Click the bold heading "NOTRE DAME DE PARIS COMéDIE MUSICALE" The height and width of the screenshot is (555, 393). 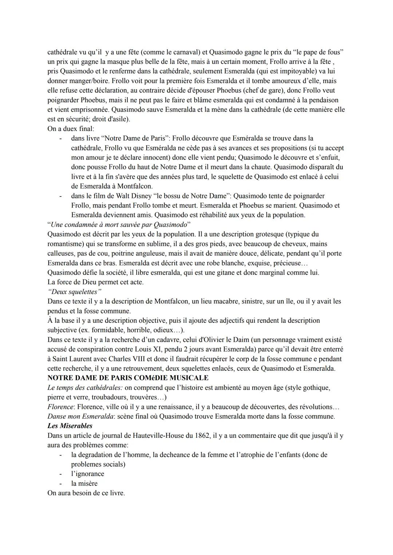(128, 378)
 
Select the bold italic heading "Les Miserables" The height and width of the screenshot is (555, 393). (70, 425)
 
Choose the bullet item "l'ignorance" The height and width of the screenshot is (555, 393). (88, 473)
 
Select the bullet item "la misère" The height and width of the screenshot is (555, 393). (84, 483)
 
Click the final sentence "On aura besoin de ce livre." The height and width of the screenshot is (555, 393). (86, 493)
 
